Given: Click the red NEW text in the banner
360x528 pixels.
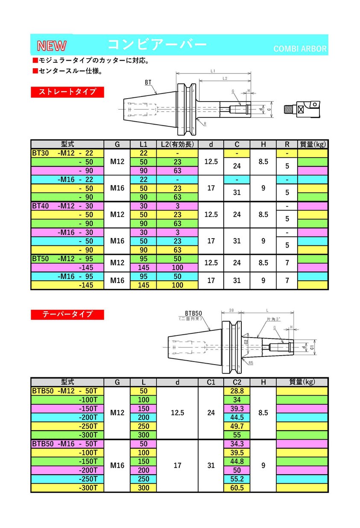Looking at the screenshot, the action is pyautogui.click(x=52, y=46).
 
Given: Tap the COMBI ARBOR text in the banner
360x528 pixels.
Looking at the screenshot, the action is pyautogui.click(x=300, y=49).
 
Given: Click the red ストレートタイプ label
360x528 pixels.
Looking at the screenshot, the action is pyautogui.click(x=67, y=92).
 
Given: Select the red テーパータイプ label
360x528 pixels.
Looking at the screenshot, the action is pyautogui.click(x=67, y=315).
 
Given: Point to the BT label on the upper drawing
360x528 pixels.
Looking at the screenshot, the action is pyautogui.click(x=148, y=82).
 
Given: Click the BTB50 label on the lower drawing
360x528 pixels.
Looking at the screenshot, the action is pyautogui.click(x=193, y=313).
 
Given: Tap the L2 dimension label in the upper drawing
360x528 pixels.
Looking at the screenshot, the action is pyautogui.click(x=225, y=78).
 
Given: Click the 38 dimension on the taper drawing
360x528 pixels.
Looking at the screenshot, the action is pyautogui.click(x=231, y=310).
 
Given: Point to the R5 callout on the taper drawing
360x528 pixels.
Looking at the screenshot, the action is pyautogui.click(x=251, y=363).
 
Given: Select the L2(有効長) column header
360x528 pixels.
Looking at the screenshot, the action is pyautogui.click(x=177, y=144).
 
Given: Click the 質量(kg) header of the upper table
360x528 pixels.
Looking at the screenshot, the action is pyautogui.click(x=313, y=144).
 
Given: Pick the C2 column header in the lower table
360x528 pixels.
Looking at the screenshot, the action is pyautogui.click(x=237, y=382).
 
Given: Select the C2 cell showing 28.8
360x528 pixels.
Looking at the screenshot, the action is pyautogui.click(x=237, y=391).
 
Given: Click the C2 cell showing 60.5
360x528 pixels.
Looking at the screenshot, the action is pyautogui.click(x=237, y=488).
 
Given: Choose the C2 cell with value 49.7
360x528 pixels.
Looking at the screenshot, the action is pyautogui.click(x=237, y=426).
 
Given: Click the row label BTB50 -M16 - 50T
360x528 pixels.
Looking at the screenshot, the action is pyautogui.click(x=64, y=444).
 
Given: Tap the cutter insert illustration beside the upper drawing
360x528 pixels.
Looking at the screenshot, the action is pyautogui.click(x=302, y=109).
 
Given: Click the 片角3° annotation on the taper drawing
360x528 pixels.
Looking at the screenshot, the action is pyautogui.click(x=273, y=319).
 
